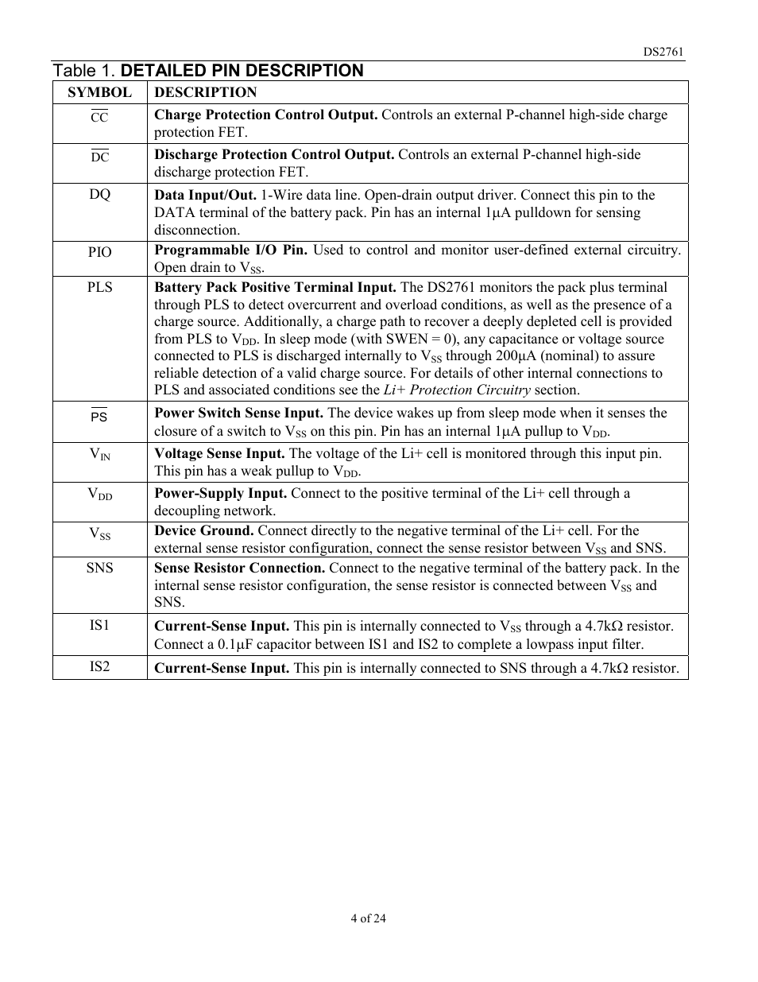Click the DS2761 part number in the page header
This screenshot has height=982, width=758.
[663, 52]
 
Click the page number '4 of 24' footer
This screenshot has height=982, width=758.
[368, 918]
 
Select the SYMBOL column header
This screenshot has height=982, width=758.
[99, 92]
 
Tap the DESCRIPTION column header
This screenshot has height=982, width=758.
[205, 92]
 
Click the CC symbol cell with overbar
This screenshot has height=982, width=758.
[99, 117]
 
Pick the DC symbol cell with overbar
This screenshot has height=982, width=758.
[99, 157]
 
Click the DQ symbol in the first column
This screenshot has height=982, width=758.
[99, 195]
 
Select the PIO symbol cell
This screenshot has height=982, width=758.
[99, 252]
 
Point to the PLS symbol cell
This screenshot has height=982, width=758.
[99, 287]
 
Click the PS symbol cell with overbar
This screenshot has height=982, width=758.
[99, 416]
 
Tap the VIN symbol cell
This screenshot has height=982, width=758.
[99, 455]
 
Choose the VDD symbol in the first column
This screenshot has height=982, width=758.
[99, 495]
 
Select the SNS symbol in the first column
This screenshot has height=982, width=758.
[99, 568]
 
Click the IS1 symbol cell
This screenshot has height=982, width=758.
[99, 625]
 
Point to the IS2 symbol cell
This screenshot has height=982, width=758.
[99, 666]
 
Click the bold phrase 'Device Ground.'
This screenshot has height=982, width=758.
[204, 530]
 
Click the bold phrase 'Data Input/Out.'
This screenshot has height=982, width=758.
[205, 195]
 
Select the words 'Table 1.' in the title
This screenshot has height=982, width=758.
[84, 71]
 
